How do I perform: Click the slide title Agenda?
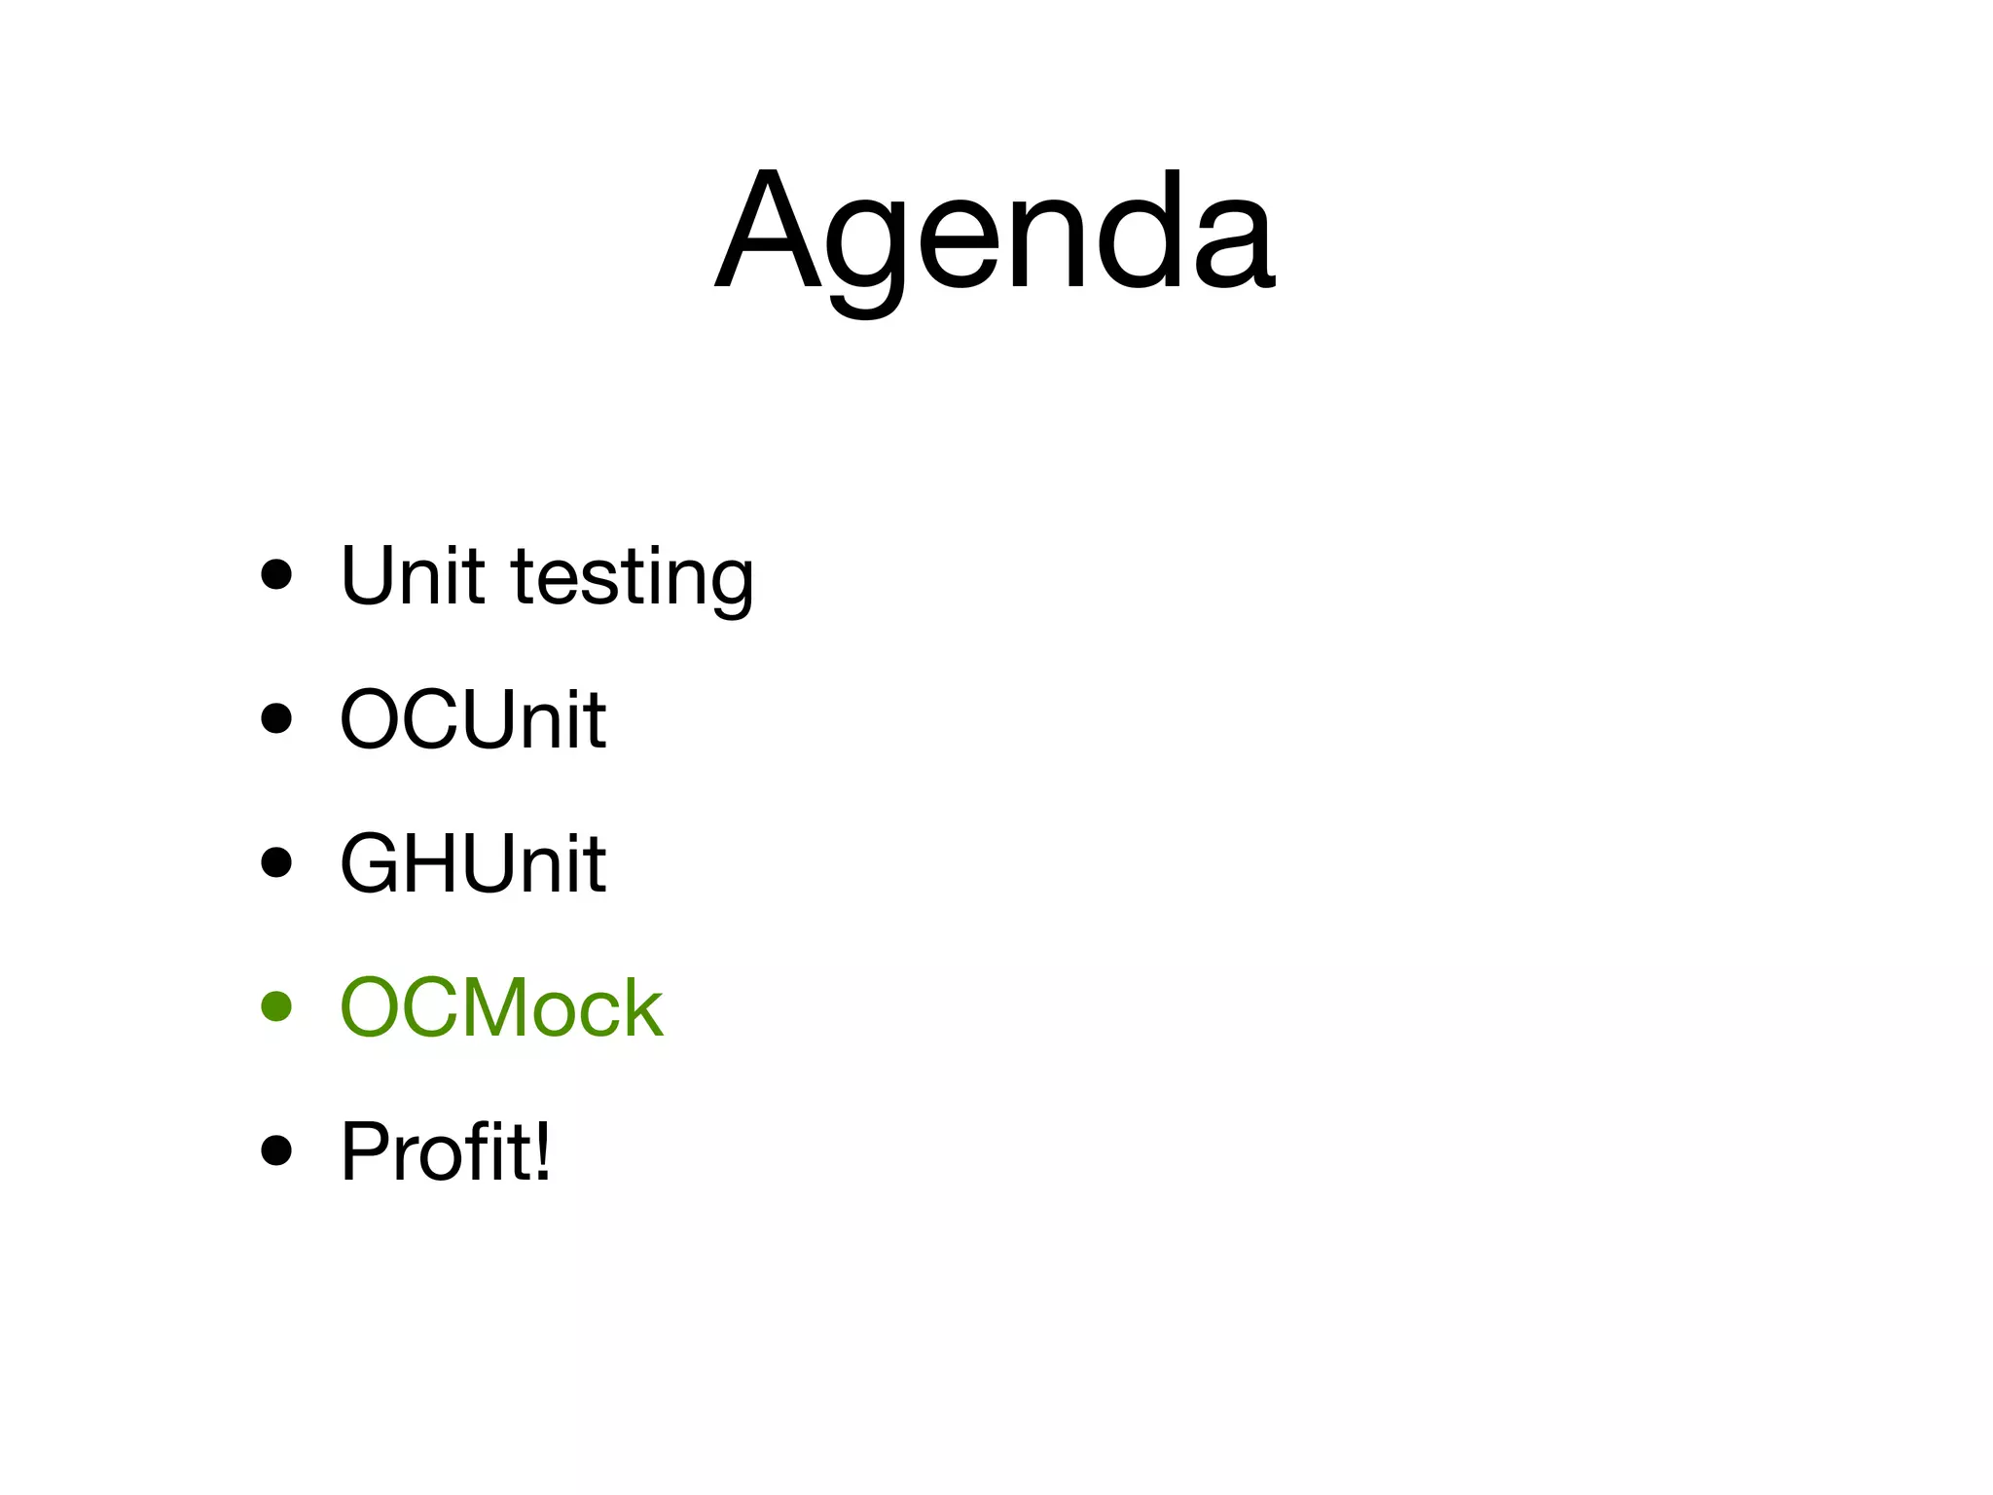(x=995, y=234)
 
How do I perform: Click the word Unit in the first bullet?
(x=412, y=576)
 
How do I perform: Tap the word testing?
(x=633, y=580)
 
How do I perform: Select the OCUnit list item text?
(x=473, y=720)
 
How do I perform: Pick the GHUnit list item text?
(x=473, y=863)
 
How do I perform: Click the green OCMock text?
(x=501, y=1007)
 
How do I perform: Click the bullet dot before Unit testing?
(x=277, y=575)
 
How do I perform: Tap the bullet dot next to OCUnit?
(x=277, y=719)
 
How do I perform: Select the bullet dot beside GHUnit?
(x=277, y=862)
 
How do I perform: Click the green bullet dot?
(x=277, y=1006)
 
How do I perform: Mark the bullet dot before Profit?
(x=277, y=1150)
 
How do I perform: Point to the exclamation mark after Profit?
(x=541, y=1151)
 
